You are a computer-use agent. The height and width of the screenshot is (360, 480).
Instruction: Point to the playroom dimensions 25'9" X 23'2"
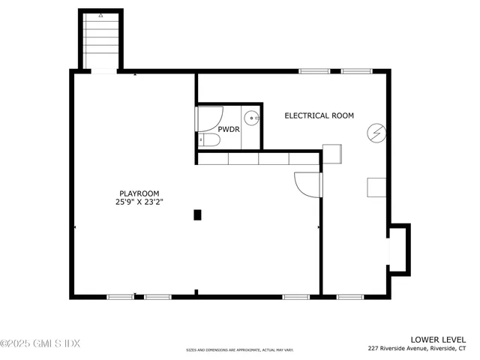(x=139, y=202)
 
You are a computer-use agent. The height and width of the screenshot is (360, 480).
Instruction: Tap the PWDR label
(x=229, y=130)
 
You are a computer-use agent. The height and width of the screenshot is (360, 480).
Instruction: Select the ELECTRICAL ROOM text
(x=319, y=115)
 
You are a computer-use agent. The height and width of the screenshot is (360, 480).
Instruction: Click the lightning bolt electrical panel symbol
(x=375, y=133)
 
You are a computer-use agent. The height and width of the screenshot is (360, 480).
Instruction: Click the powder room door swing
(x=210, y=118)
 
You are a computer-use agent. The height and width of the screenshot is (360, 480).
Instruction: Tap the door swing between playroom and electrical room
(x=308, y=184)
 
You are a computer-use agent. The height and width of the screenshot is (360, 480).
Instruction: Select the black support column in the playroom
(x=198, y=214)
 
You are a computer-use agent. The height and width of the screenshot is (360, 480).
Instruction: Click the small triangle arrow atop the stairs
(x=100, y=15)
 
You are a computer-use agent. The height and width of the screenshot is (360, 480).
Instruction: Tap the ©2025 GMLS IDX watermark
(x=40, y=343)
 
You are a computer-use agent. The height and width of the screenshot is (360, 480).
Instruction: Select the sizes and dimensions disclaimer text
(x=240, y=349)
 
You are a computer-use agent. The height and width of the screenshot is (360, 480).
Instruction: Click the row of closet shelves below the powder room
(x=258, y=158)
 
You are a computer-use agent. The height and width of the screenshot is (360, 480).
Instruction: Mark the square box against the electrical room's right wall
(x=376, y=187)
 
